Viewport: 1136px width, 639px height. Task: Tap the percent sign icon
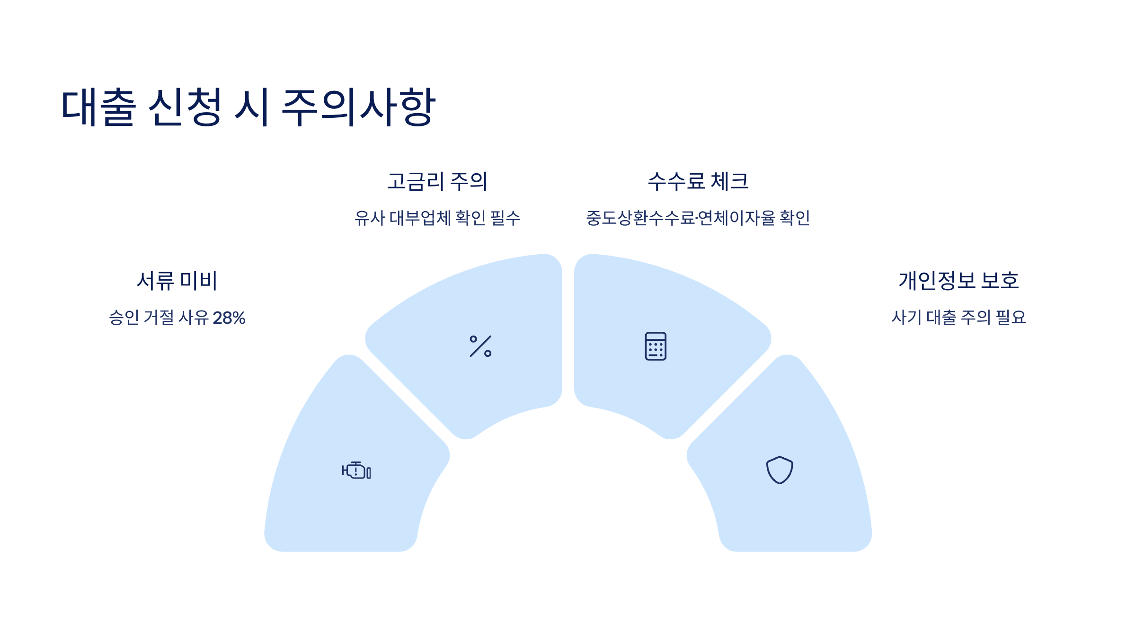480,346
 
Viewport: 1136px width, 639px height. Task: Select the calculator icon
656,346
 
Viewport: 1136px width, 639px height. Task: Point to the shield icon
780,470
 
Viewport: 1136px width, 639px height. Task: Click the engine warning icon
356,470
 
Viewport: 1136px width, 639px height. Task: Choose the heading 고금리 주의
437,181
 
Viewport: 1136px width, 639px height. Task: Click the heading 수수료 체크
698,181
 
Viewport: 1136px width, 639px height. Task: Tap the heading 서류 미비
177,281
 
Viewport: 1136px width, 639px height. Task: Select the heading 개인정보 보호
959,281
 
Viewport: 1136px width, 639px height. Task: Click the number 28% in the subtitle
229,318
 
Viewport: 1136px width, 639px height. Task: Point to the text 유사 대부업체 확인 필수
437,218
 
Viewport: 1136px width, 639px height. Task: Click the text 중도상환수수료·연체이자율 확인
698,218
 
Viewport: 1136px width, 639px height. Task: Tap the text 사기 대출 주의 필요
959,318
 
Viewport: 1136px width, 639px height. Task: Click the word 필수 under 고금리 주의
506,218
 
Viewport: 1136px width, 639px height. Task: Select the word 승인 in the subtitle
124,318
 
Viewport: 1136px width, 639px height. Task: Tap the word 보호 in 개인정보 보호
1000,281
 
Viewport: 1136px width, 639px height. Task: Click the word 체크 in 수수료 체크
729,181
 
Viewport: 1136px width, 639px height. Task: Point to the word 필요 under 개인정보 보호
1011,318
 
